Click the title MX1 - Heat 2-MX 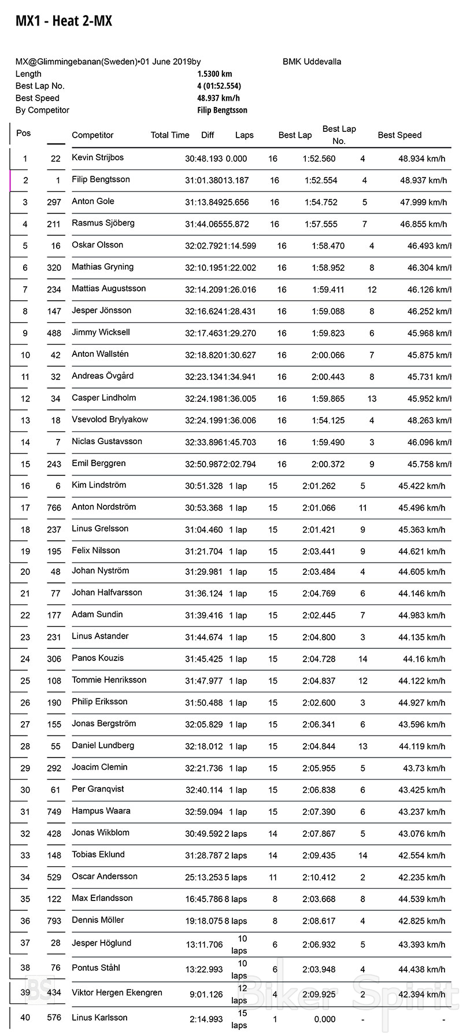[x=64, y=21]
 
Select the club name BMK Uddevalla [x=312, y=62]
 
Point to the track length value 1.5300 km [x=214, y=74]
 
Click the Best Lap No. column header [x=339, y=135]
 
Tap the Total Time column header [x=170, y=135]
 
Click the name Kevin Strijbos [x=98, y=157]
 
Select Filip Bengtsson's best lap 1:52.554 [x=321, y=180]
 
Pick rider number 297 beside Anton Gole [x=54, y=202]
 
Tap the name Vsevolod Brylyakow [x=110, y=419]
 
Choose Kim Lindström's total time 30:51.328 [x=203, y=486]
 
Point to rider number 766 [x=54, y=508]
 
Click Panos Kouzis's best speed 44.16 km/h [x=424, y=659]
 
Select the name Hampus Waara [x=101, y=811]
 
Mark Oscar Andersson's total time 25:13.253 [x=203, y=877]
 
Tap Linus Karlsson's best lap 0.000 [x=324, y=1020]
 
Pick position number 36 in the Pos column [x=25, y=921]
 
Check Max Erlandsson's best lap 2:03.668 [x=319, y=899]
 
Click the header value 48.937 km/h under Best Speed [x=219, y=98]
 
